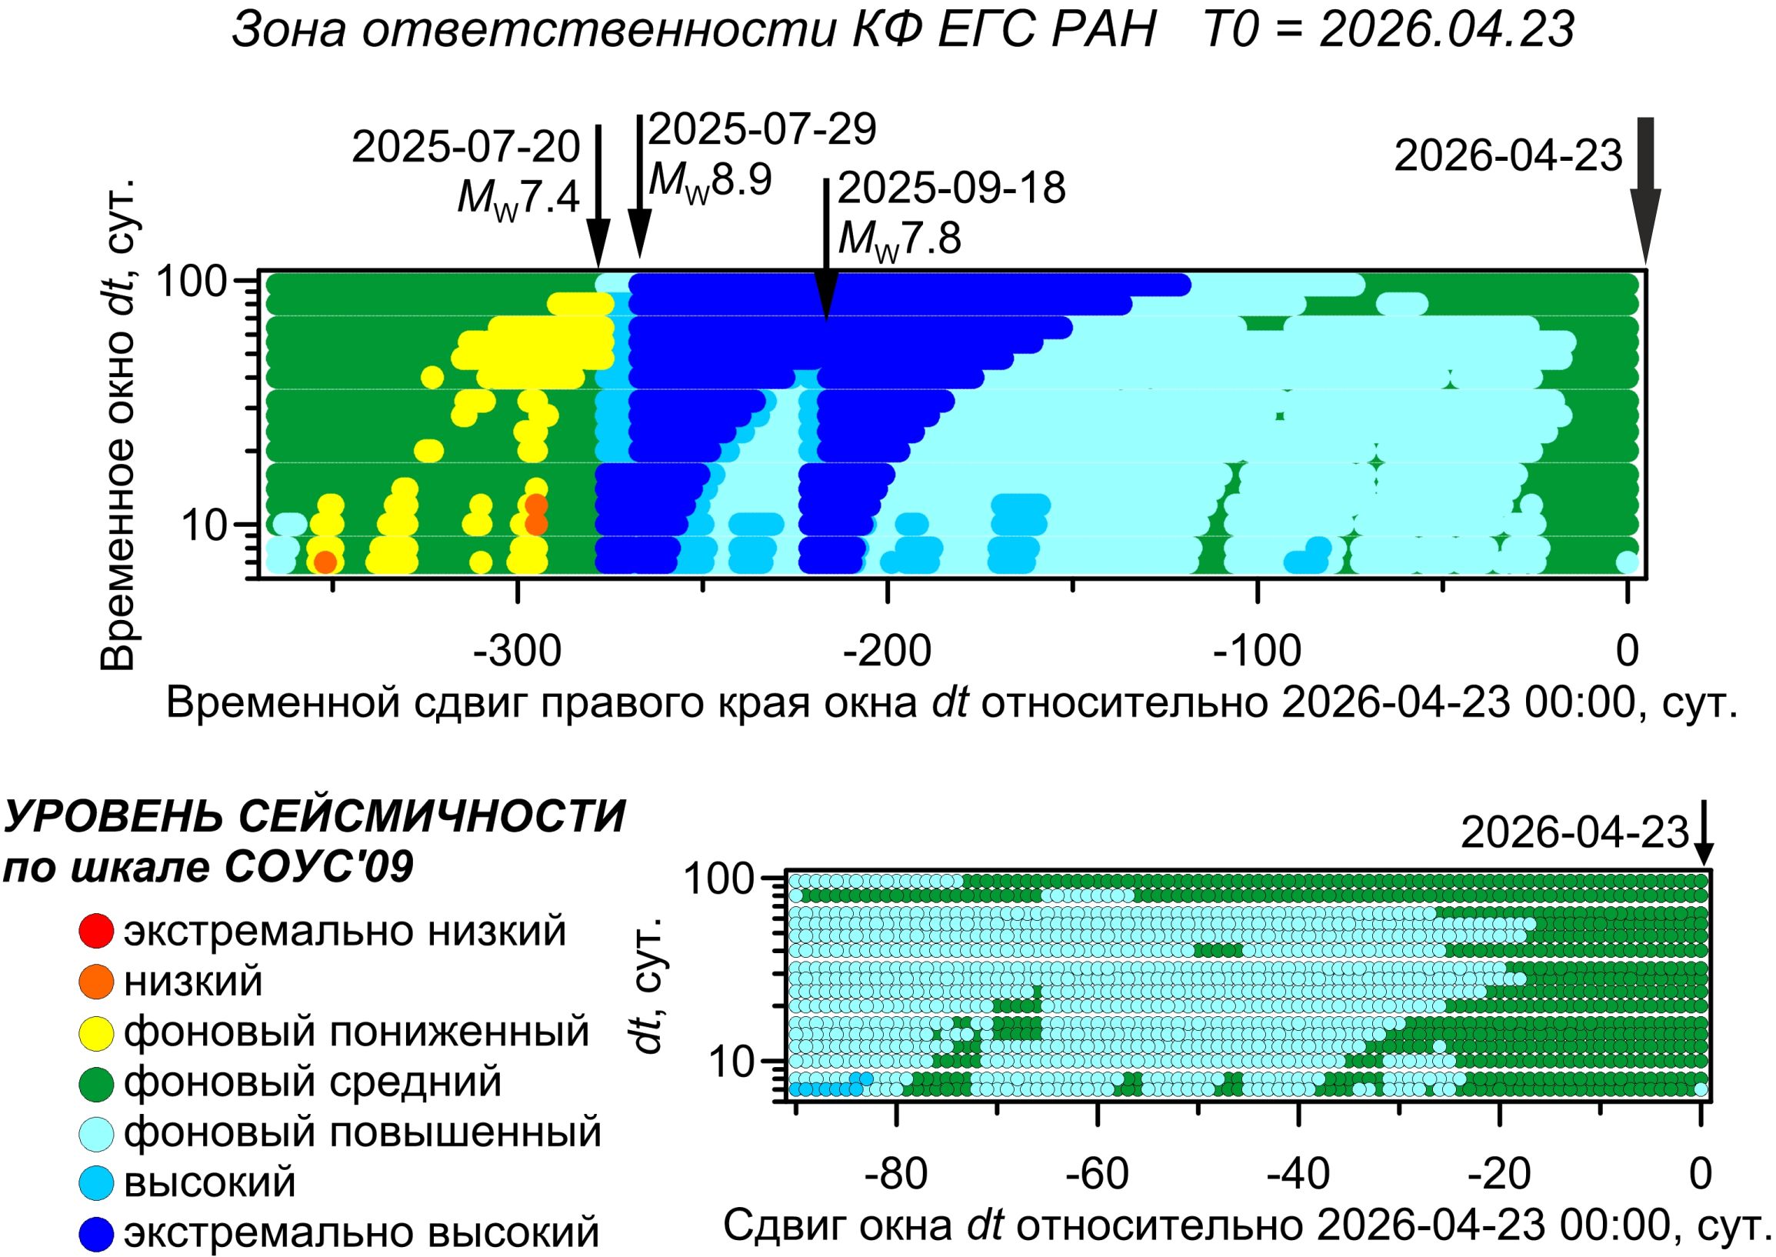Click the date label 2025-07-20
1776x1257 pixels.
click(x=466, y=147)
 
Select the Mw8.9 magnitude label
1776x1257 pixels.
click(x=711, y=181)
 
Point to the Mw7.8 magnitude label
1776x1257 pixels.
click(x=899, y=238)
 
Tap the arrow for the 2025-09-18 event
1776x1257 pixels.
click(x=827, y=248)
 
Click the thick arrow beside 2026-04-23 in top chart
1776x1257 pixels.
click(x=1645, y=194)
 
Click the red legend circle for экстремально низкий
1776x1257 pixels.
click(x=97, y=931)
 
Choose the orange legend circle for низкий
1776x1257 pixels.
click(x=97, y=982)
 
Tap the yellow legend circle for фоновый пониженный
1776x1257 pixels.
click(x=97, y=1032)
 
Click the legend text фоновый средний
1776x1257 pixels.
click(x=312, y=1082)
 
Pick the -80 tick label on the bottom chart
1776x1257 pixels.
click(x=896, y=1174)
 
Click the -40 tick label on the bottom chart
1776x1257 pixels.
click(x=1298, y=1174)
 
